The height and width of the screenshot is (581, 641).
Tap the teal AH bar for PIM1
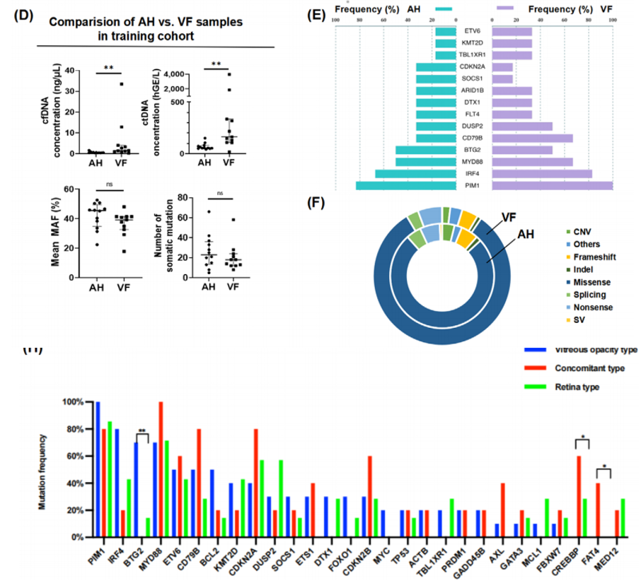coord(405,185)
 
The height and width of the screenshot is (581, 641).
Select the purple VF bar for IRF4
coord(542,174)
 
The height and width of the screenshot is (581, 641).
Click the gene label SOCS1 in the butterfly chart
coord(474,78)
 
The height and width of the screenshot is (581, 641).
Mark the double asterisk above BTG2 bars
coord(142,431)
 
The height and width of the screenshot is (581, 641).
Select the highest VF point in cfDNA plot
coord(122,84)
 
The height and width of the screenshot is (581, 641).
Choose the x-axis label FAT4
coord(596,554)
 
